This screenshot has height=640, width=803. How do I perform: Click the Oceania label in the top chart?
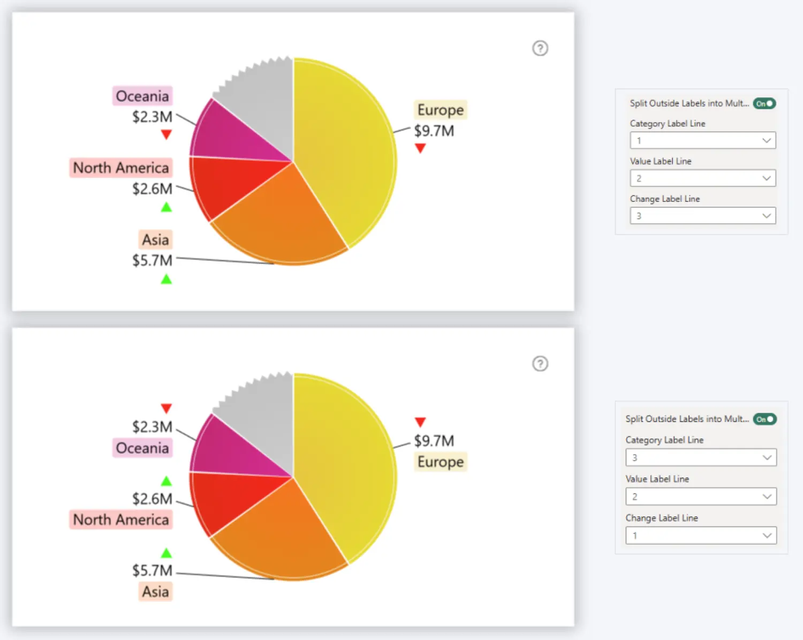pos(142,96)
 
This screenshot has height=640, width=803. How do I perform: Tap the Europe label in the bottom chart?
pos(441,462)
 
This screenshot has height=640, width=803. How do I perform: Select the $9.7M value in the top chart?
pos(434,131)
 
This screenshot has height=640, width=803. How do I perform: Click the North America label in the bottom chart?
pos(121,519)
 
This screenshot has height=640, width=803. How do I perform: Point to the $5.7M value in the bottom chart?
pos(153,570)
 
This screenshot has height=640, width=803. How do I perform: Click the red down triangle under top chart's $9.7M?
pos(420,148)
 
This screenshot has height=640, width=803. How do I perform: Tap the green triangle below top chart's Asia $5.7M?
pos(166,279)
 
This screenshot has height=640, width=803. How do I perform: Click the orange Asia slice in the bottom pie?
pos(284,541)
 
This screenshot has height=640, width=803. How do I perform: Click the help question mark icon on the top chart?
pos(540,48)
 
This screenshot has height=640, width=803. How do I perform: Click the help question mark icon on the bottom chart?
pos(540,364)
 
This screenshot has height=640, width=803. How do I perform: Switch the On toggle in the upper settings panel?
pos(764,103)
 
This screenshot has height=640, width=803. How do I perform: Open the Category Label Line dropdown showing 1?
pos(702,140)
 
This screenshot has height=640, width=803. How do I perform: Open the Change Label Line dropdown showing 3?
pos(702,216)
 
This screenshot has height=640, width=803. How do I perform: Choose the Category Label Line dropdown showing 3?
pos(701,457)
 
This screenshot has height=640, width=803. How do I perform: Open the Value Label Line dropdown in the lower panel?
pos(701,496)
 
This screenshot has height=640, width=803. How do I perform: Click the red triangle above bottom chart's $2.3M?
pos(166,409)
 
